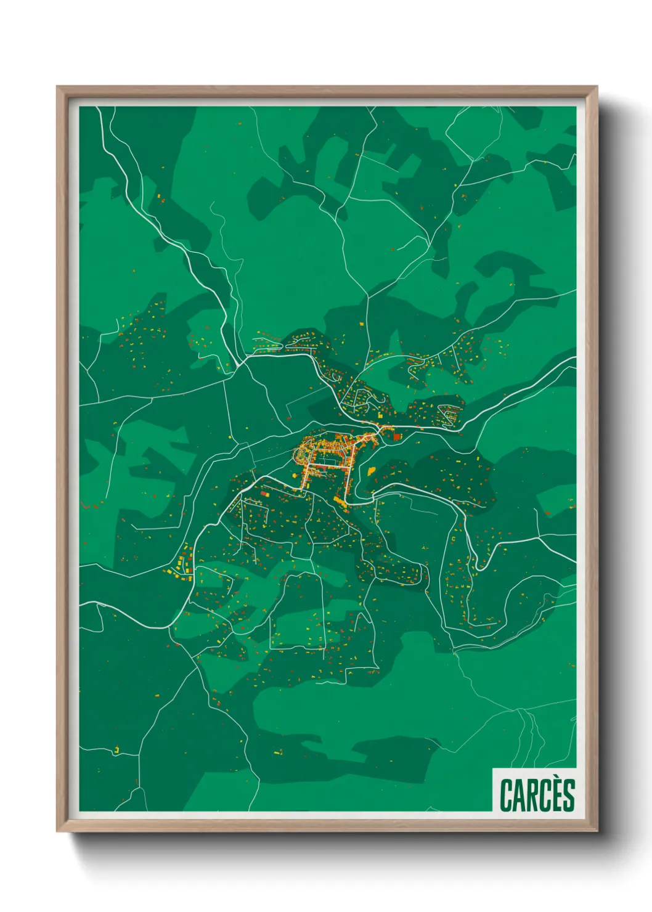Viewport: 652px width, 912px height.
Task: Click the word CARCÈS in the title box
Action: (x=537, y=795)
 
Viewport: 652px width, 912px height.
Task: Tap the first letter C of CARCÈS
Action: (x=506, y=796)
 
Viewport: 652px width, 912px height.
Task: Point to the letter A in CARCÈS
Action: (x=519, y=796)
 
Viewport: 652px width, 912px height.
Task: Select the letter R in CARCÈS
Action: (x=532, y=796)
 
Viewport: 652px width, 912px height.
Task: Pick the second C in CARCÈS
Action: (x=544, y=796)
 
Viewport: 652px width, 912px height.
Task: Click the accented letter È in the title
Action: (x=556, y=796)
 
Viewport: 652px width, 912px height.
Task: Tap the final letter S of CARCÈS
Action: (x=568, y=796)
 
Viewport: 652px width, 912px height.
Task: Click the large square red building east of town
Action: (x=397, y=437)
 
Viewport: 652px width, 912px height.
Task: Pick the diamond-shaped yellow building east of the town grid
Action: (x=372, y=470)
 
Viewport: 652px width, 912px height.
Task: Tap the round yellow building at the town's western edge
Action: (x=299, y=455)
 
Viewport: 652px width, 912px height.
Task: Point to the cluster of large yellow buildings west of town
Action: (x=181, y=565)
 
